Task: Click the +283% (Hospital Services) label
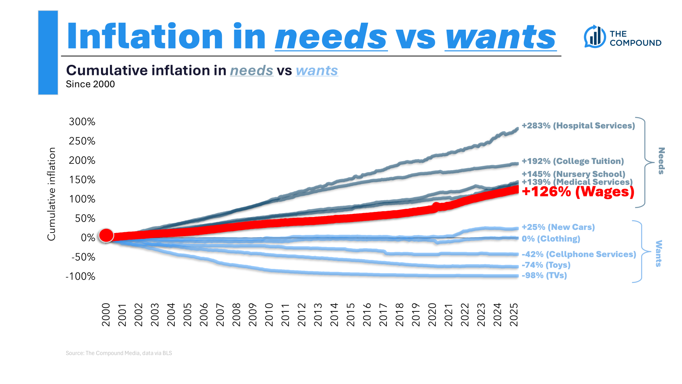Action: click(x=578, y=126)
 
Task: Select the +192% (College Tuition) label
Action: click(x=572, y=161)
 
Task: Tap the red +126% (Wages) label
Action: click(x=578, y=192)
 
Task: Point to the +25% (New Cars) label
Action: click(x=558, y=227)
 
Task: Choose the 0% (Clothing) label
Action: click(x=551, y=239)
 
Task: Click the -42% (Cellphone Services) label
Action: click(x=579, y=254)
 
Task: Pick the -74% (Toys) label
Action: click(x=546, y=265)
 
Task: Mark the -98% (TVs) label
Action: click(x=544, y=276)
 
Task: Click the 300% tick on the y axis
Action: click(x=82, y=122)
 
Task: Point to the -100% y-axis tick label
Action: click(x=80, y=277)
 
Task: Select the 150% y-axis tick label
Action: click(x=82, y=180)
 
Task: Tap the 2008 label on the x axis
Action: click(x=236, y=315)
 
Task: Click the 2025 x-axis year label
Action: click(x=514, y=315)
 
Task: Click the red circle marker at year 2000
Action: click(x=106, y=235)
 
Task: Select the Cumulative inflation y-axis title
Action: click(x=51, y=194)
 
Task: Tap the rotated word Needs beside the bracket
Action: click(x=661, y=161)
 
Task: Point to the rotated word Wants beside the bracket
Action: click(x=659, y=254)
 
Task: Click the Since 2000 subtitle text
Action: click(x=90, y=84)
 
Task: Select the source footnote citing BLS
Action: click(x=119, y=353)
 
